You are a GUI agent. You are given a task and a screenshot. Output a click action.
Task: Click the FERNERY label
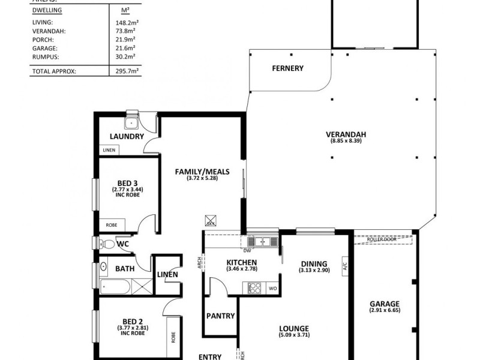[287, 68]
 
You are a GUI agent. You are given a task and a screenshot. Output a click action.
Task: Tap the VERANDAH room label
[346, 134]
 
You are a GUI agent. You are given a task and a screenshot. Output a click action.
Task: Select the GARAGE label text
[385, 304]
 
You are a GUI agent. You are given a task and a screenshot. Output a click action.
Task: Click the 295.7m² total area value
[127, 71]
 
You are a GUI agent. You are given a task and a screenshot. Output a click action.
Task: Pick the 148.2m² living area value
[127, 22]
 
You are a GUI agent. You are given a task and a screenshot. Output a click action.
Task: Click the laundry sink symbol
[131, 123]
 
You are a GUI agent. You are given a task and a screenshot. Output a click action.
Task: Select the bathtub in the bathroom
[117, 286]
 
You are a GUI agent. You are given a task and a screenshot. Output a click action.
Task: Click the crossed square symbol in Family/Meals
[211, 220]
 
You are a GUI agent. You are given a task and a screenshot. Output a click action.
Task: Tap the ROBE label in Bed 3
[112, 225]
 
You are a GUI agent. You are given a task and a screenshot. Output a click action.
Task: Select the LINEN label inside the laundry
[109, 150]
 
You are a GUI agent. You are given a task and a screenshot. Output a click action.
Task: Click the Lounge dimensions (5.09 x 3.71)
[293, 335]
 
